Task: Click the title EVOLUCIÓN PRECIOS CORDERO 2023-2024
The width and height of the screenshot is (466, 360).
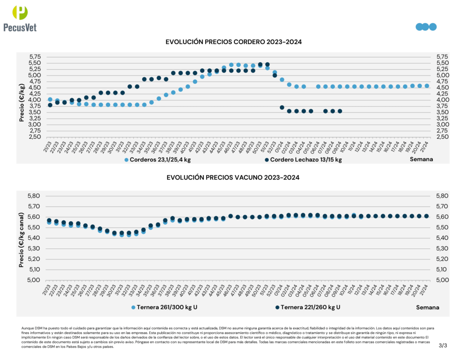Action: [x=233, y=42]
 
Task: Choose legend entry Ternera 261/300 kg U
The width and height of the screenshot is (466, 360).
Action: [x=164, y=307]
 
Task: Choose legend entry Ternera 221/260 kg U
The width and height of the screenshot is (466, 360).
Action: [x=308, y=307]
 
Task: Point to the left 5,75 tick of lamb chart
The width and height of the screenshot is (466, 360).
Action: [x=35, y=57]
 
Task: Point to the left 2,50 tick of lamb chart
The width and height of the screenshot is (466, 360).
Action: [x=35, y=137]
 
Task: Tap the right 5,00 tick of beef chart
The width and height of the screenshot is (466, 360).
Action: [x=442, y=280]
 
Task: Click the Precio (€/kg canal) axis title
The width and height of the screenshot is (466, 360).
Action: [x=21, y=238]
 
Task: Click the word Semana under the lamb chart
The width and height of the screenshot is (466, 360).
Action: [x=421, y=159]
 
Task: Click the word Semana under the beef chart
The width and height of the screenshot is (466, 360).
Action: [x=427, y=307]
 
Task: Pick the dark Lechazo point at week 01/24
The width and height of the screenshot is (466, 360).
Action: [x=282, y=107]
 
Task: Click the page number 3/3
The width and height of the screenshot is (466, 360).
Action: [x=443, y=345]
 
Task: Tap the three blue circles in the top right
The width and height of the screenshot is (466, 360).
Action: [x=426, y=26]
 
